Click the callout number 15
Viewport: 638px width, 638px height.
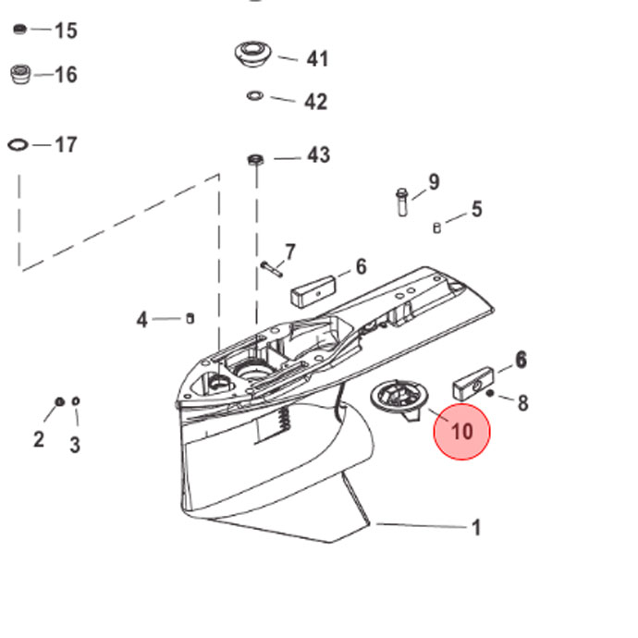click(66, 31)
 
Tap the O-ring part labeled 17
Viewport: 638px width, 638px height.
click(18, 144)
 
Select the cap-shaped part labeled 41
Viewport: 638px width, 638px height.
click(252, 55)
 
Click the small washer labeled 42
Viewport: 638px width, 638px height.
click(254, 96)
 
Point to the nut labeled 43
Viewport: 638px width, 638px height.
click(255, 159)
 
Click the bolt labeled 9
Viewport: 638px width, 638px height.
click(402, 202)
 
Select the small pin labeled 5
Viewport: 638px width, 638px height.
click(436, 227)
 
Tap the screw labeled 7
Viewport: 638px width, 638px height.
click(272, 269)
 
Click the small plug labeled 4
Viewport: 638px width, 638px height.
click(190, 318)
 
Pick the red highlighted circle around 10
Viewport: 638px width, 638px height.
click(461, 432)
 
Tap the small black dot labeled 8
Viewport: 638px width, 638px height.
click(490, 393)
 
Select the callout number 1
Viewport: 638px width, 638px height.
click(476, 528)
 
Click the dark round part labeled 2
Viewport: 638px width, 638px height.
click(59, 402)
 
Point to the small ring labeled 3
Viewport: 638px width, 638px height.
click(75, 401)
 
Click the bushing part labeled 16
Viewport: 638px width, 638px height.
click(20, 74)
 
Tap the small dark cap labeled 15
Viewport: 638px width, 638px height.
click(20, 30)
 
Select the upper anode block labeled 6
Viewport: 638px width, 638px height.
click(313, 291)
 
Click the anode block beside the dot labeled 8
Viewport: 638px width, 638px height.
click(473, 384)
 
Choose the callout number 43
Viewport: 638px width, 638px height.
click(319, 155)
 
